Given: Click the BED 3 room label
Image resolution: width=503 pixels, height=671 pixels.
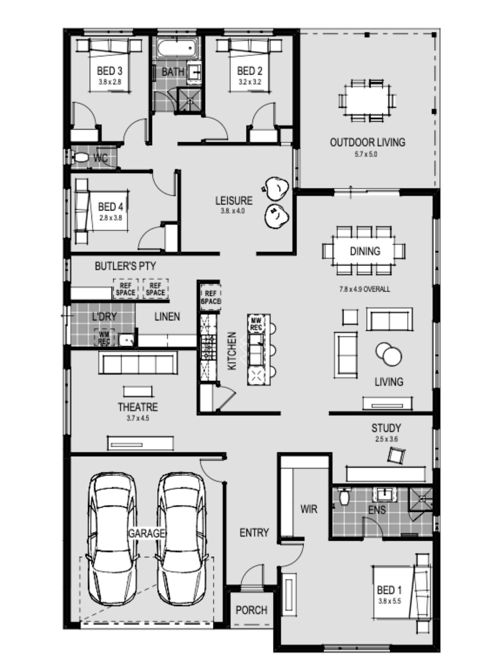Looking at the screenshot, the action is pos(110,71).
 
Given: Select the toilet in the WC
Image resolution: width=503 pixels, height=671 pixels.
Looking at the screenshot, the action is pos(80,157).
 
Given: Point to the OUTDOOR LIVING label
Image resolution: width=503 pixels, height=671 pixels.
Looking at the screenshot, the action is pos(368,142).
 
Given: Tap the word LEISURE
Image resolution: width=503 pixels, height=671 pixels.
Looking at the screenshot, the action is pos(234,201).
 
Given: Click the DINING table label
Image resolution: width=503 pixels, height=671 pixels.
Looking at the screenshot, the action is pos(365,251).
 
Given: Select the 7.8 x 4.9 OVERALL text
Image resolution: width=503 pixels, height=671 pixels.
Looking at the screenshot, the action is pos(365,289).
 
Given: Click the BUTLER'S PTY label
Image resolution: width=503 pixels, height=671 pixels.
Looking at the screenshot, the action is pos(125,266).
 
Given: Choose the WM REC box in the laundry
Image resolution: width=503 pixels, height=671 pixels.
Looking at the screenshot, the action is pos(104,338).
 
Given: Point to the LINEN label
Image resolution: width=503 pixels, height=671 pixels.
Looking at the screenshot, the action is pos(167,316).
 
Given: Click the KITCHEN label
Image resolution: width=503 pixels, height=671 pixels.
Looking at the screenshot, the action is pos(232,351).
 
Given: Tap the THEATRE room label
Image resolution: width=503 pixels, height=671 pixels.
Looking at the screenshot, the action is pos(138,407).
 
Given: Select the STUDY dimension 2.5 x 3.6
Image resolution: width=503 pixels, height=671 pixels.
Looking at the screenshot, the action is pos(387,439).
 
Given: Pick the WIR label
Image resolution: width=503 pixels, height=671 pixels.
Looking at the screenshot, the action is pos(309,509).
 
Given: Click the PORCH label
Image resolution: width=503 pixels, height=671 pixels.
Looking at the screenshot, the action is pos(251,610).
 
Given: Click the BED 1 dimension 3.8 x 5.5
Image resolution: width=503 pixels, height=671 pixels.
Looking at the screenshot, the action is pos(390,601).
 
